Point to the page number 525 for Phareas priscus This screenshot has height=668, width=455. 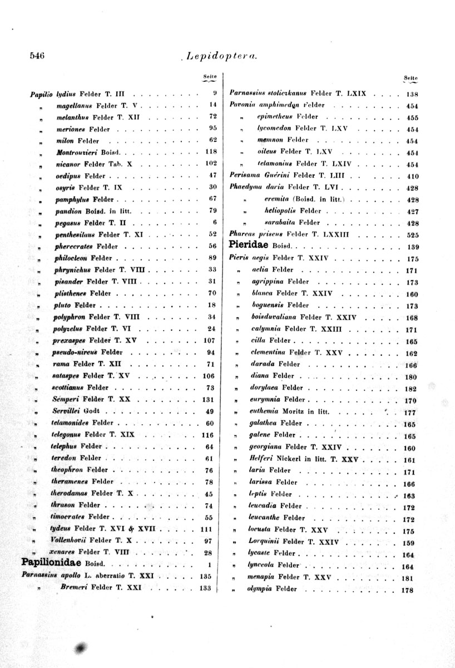[x=412, y=234]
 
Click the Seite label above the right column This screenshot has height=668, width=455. [x=411, y=78]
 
